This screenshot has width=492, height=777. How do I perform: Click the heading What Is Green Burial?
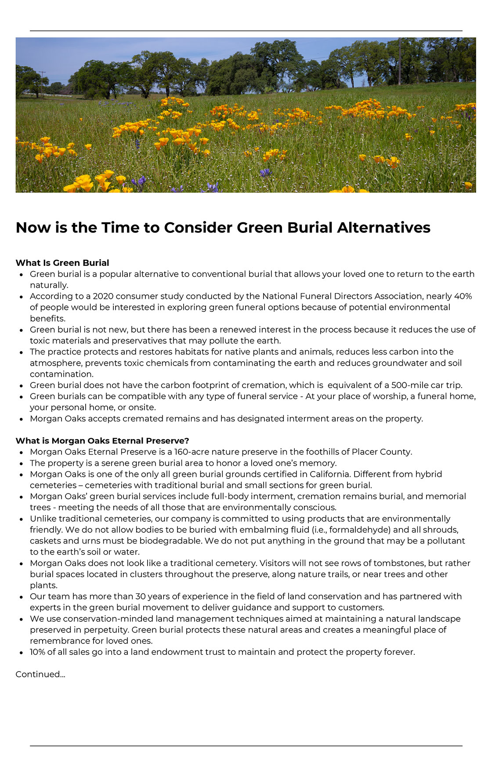coord(62,263)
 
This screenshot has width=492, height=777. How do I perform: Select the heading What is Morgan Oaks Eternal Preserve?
coord(102,441)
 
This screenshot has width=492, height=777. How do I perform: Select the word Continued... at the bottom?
coord(40,674)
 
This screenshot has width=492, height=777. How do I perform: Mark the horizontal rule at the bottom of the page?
coord(246,746)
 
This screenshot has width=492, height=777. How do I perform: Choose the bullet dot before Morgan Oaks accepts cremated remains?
coord(21,419)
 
